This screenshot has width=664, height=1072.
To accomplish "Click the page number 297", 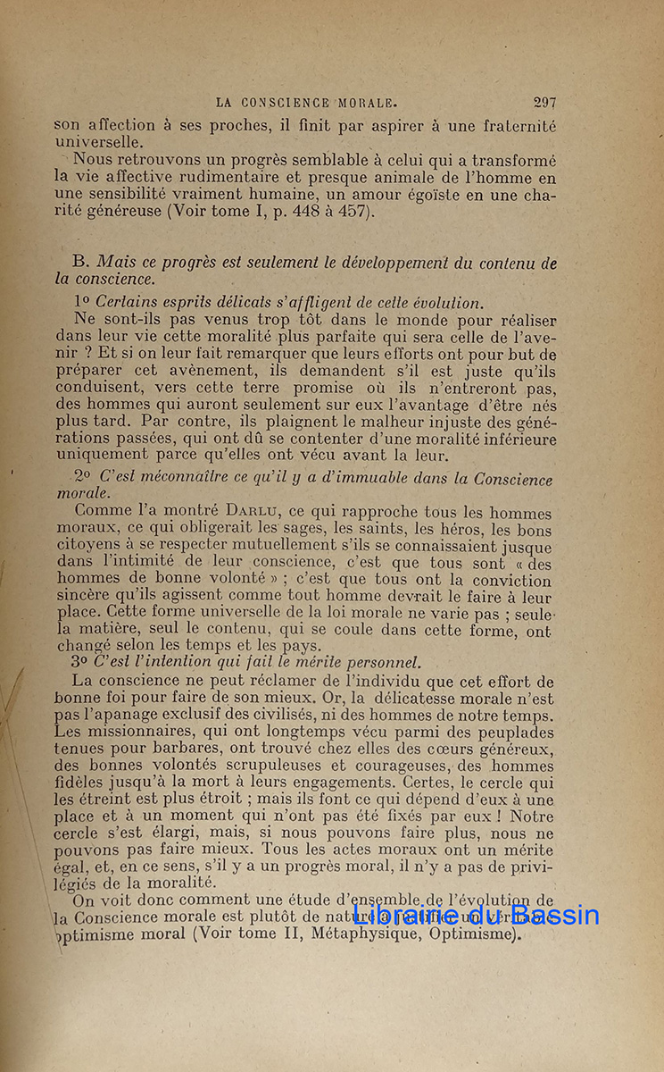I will point(544,103).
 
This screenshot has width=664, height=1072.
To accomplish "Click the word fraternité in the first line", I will point(512,127).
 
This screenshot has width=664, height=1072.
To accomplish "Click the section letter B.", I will point(80,263).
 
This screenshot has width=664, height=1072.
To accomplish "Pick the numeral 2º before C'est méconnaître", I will point(82,477).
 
